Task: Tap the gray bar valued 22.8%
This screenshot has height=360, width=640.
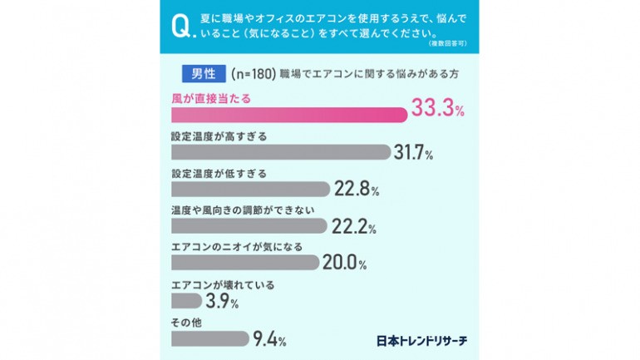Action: coord(250,189)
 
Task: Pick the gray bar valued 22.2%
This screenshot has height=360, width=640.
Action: coord(249,226)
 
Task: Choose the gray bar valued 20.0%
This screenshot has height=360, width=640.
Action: coord(244,263)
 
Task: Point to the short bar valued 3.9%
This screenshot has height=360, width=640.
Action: coord(187,300)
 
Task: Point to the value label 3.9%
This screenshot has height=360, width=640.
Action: coord(219,300)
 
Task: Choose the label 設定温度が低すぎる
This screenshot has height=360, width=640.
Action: coord(219,172)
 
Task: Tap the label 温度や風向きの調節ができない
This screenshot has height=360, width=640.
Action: coord(243,210)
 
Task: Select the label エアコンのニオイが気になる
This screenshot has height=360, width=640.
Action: coord(236,247)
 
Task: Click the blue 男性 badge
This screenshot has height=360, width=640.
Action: coord(199,74)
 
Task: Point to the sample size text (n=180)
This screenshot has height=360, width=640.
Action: coord(252,74)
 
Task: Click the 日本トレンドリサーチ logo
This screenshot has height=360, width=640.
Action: coord(421,340)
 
